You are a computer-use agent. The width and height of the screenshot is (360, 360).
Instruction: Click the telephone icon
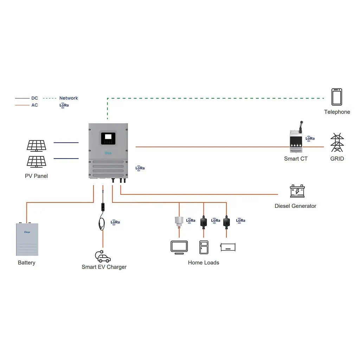tap(337, 97)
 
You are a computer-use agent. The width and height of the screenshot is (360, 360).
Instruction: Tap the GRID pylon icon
tap(337, 142)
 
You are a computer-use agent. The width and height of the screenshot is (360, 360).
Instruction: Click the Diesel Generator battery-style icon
tap(297, 191)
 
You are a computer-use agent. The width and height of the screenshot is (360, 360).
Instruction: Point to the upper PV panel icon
tap(37, 145)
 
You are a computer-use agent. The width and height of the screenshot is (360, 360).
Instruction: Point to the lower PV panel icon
tap(37, 161)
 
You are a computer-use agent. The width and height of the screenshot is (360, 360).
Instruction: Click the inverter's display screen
tap(108, 137)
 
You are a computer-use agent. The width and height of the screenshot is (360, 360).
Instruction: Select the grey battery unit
tap(27, 239)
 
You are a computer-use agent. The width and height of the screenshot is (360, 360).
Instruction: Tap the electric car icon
tap(103, 257)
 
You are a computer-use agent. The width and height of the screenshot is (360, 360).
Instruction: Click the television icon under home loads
tap(179, 247)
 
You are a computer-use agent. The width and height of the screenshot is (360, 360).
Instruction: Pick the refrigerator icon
tap(204, 247)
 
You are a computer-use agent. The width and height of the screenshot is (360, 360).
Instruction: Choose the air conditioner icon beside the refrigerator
tap(228, 247)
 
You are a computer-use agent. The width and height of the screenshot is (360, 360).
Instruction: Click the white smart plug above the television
tap(179, 221)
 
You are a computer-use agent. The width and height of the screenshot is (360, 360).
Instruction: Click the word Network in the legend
tap(69, 98)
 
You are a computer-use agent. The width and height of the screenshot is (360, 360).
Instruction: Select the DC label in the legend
tap(34, 98)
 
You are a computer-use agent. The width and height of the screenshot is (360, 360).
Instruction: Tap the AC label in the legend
tap(34, 105)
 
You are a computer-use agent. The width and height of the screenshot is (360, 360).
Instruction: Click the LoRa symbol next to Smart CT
tap(310, 139)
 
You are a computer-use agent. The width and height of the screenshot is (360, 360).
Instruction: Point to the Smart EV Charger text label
tap(104, 267)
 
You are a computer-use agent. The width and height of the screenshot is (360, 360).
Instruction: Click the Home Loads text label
tap(204, 263)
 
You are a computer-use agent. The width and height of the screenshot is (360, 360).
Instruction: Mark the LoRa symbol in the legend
tap(64, 105)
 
